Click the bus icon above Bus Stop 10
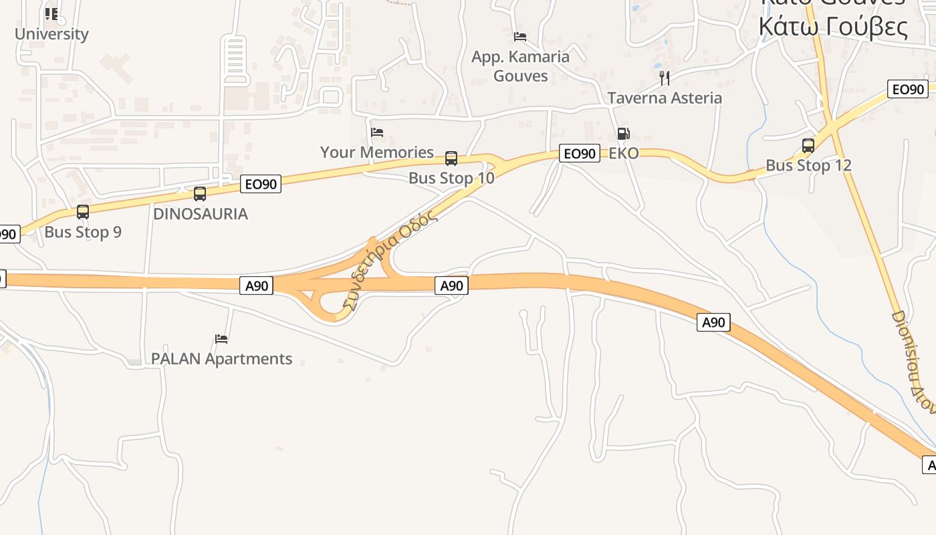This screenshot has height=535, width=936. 451,158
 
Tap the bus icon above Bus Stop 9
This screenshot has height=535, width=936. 83,212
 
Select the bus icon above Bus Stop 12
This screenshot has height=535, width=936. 808,146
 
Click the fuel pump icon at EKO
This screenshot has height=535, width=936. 623,134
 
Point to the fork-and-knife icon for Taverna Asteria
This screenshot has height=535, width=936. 665,78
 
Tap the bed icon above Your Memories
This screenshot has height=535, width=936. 377,132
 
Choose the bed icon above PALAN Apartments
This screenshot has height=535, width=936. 221,339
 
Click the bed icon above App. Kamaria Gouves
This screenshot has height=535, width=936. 520,36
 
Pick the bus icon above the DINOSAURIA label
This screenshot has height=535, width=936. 200,194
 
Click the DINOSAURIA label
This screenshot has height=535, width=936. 201,214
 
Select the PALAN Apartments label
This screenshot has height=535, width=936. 221,359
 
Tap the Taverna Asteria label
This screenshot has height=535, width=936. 665,98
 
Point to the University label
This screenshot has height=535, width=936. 51,34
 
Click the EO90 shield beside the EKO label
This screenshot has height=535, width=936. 579,154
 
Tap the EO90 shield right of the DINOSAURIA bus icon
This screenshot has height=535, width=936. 261,184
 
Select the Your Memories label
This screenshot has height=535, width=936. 377,152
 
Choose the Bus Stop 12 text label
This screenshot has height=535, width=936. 808,165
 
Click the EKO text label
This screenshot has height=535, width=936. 623,154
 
